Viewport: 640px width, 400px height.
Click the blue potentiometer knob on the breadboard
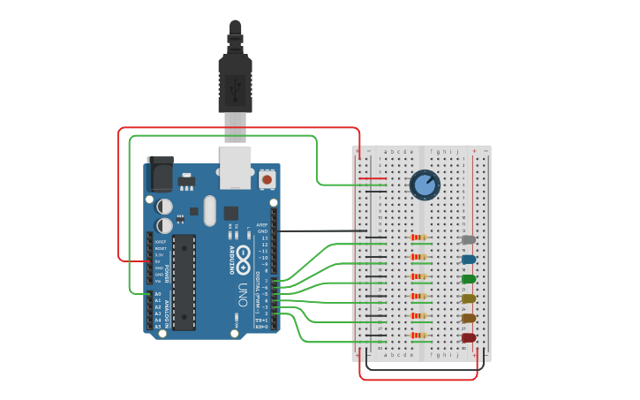coord(425,185)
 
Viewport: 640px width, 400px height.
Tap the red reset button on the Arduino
coord(267,179)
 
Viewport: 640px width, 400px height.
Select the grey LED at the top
coord(468,239)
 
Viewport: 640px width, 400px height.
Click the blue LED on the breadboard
coord(468,260)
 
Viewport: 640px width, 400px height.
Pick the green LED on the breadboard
coord(468,279)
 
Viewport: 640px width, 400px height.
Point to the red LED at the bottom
coord(468,337)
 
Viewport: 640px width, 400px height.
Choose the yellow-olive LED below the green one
coord(468,298)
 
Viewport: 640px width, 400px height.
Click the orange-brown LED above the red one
coord(468,318)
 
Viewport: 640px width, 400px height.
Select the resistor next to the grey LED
coord(419,238)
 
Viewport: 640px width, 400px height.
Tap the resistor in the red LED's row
coord(419,335)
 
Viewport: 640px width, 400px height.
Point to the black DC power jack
coord(161,175)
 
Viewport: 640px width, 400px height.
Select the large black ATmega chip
coord(184,283)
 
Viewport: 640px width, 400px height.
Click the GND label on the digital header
coord(262,231)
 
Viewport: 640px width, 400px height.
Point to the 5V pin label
coord(159,261)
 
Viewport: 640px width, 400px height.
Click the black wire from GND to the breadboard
coord(318,231)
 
